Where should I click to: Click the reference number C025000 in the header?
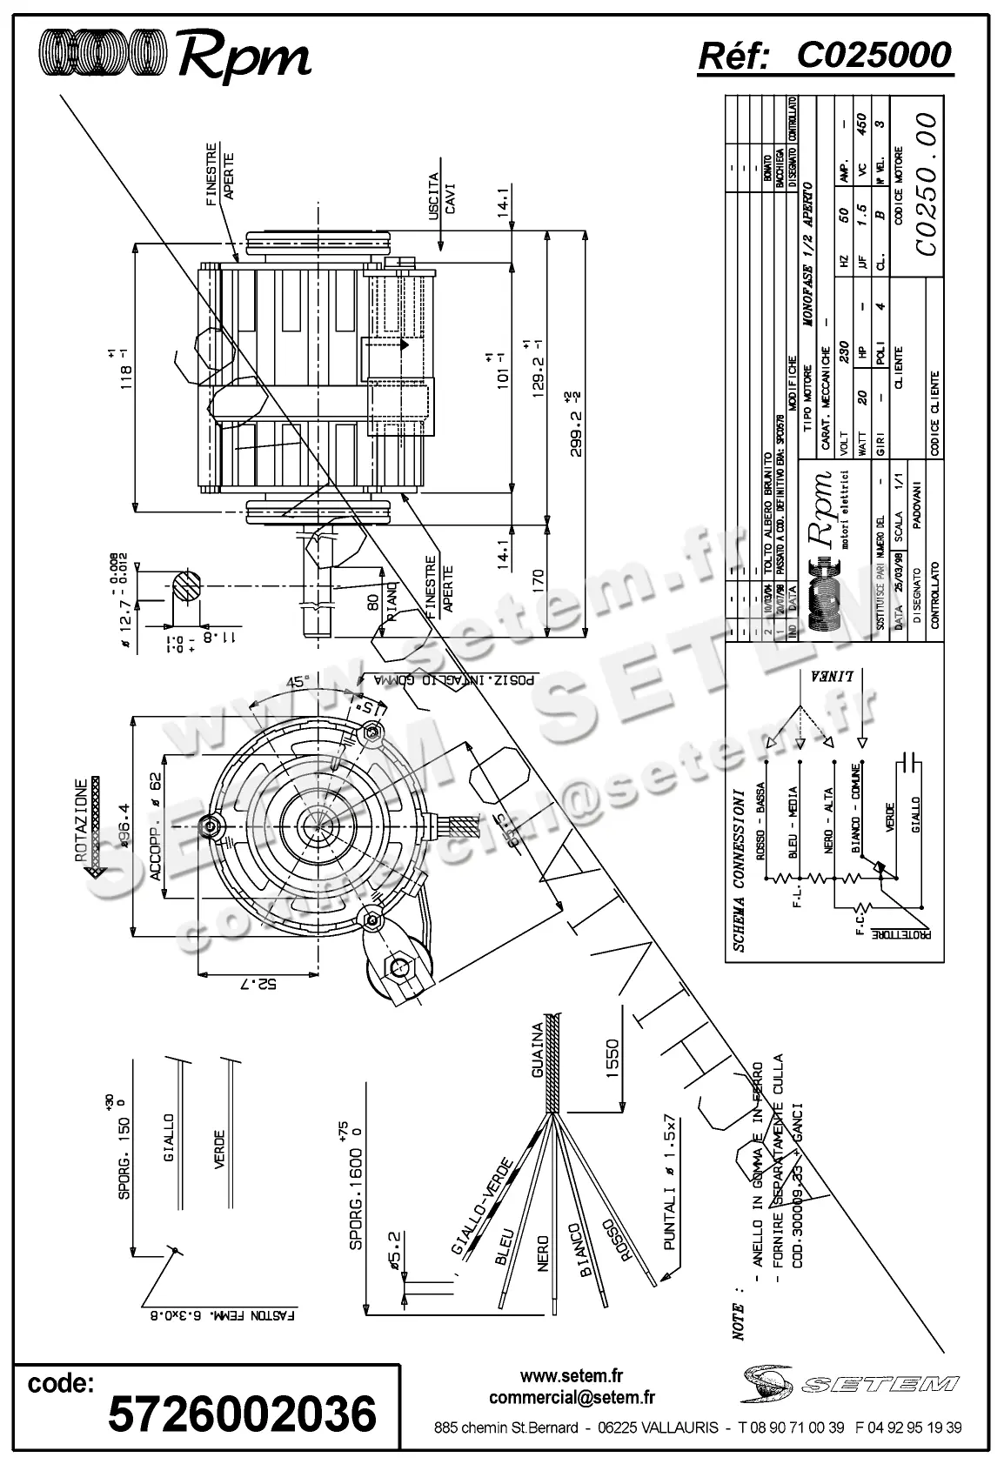873,56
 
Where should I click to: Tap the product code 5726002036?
242,1413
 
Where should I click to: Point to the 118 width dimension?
128,369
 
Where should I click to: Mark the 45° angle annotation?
297,682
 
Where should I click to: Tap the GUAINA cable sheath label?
538,1050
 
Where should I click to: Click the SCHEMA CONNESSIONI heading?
738,870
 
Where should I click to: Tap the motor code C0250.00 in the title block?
927,184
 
